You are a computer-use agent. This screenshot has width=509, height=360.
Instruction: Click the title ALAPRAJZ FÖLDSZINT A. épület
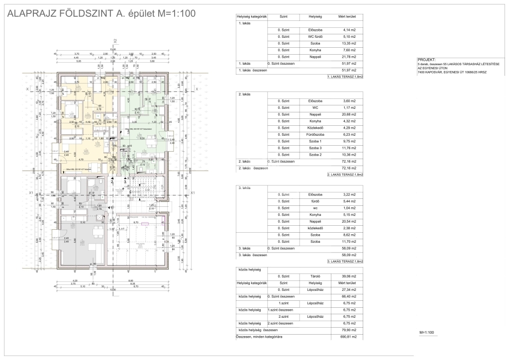coord(100,13)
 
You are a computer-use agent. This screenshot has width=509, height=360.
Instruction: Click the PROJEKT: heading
coord(427,59)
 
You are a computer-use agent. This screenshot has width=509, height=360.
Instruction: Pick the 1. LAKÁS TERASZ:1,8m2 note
coord(345,78)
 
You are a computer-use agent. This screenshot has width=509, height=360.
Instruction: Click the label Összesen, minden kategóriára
coord(259,337)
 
